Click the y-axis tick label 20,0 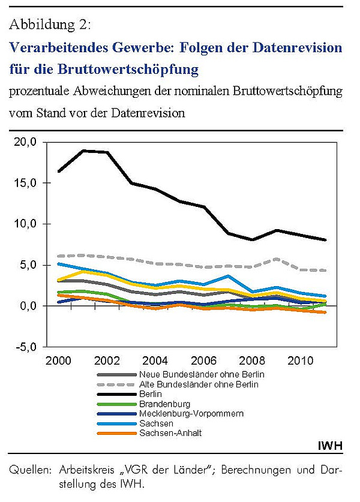pyautogui.click(x=25, y=142)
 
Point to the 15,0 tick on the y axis pyautogui.click(x=25, y=183)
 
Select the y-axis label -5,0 pyautogui.click(x=25, y=347)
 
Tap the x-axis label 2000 pyautogui.click(x=58, y=361)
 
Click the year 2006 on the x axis pyautogui.click(x=204, y=361)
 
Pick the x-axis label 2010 pyautogui.click(x=301, y=361)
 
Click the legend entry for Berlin pyautogui.click(x=151, y=394)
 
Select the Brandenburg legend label pyautogui.click(x=164, y=404)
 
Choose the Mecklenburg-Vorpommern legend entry pyautogui.click(x=191, y=414)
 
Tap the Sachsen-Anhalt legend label pyautogui.click(x=170, y=433)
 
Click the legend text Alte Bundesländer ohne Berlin pyautogui.click(x=199, y=384)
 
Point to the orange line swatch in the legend pyautogui.click(x=116, y=434)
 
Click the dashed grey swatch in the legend pyautogui.click(x=116, y=384)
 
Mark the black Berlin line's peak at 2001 pyautogui.click(x=83, y=151)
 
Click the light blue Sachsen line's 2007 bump pyautogui.click(x=228, y=276)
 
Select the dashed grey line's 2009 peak pyautogui.click(x=277, y=259)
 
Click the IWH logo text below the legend pyautogui.click(x=330, y=446)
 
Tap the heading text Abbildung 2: pyautogui.click(x=50, y=25)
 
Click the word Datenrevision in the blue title pyautogui.click(x=297, y=48)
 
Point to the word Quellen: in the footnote pyautogui.click(x=30, y=470)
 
